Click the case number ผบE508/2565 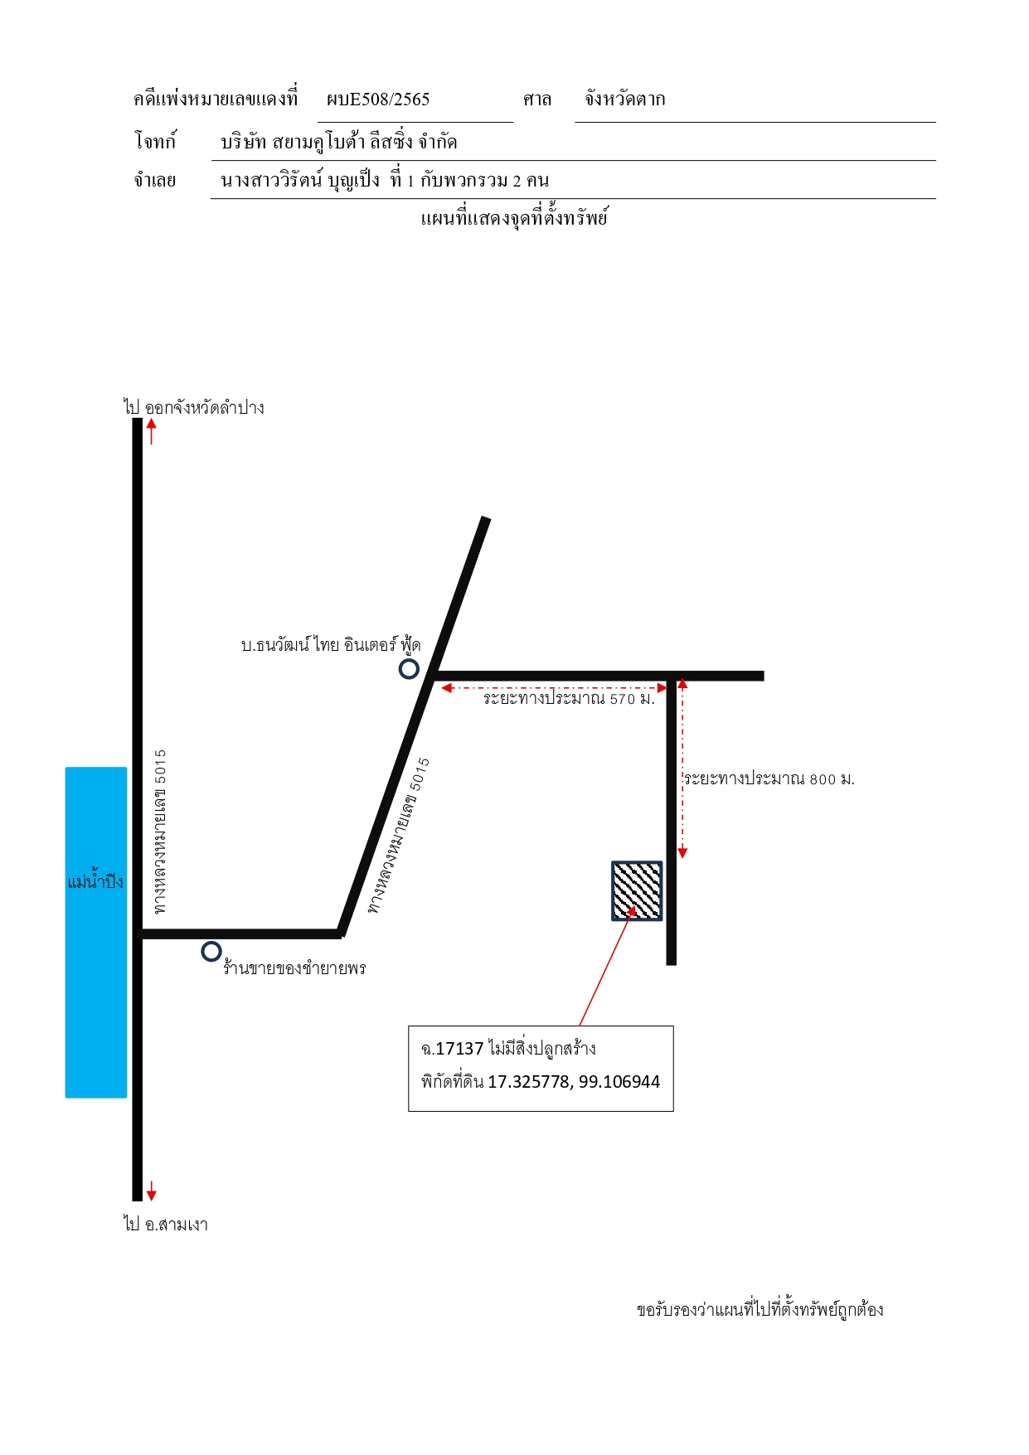point(378,99)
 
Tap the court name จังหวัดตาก point(624,99)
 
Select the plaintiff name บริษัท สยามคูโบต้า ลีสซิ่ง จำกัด point(339,142)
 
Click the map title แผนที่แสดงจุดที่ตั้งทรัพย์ point(514,218)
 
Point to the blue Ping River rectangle point(96,932)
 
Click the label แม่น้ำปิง point(95,880)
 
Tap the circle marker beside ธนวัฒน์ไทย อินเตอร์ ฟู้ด point(409,669)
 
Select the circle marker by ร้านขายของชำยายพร point(211,951)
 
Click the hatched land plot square point(637,891)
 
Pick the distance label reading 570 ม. point(569,698)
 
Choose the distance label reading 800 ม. point(769,778)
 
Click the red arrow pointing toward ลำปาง point(151,431)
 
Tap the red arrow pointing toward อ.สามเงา point(151,1191)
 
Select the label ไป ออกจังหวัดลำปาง point(194,407)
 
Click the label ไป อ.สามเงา point(166,1224)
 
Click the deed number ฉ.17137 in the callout point(452,1049)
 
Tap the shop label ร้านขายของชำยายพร point(294,968)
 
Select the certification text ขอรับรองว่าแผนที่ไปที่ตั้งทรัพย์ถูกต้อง point(760,1310)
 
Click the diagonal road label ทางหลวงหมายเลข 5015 point(399,836)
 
